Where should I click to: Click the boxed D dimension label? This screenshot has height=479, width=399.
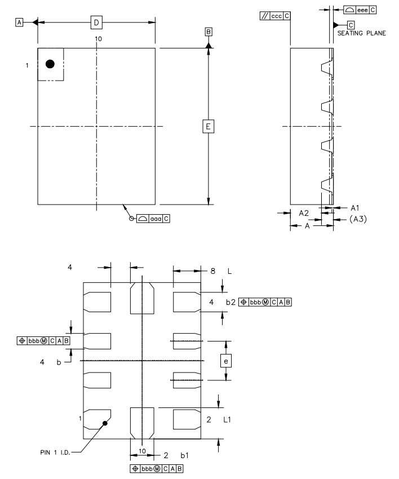[x=96, y=23]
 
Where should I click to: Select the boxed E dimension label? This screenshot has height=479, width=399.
[x=208, y=127]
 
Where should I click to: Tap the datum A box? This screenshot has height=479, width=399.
[x=20, y=22]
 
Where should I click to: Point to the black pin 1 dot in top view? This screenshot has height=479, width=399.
[x=50, y=64]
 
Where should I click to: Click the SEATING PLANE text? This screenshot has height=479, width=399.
[x=361, y=33]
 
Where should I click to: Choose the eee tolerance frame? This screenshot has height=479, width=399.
[x=360, y=10]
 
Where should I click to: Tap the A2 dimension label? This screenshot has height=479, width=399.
[x=304, y=213]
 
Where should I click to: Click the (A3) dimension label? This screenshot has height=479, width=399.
[x=357, y=219]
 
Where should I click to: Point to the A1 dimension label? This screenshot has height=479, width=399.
[x=355, y=207]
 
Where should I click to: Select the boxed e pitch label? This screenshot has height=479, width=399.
[x=227, y=360]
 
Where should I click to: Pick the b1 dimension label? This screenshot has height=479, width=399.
[x=184, y=454]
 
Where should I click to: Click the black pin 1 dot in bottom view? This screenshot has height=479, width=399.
[x=105, y=423]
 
